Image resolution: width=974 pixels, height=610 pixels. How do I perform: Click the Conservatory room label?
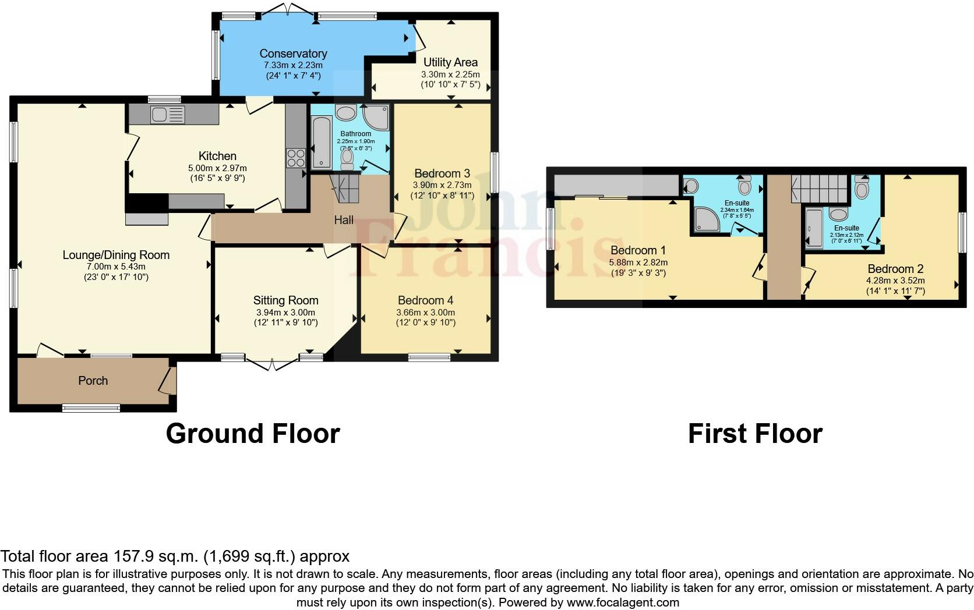293,54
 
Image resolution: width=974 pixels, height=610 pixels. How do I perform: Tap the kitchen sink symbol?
168,115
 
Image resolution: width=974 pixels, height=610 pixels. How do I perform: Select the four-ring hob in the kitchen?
295,158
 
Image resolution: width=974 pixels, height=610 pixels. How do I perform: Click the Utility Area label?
450,62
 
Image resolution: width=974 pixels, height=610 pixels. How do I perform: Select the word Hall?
344,220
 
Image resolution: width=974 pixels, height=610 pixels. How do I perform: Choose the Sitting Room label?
285,300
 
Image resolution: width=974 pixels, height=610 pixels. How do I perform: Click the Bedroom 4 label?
425,300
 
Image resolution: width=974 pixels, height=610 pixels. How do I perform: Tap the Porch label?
93,381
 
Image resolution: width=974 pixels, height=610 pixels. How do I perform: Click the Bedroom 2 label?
895,269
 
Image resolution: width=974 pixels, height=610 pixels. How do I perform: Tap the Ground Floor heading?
253,434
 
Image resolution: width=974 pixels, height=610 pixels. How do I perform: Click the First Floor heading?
755,434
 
